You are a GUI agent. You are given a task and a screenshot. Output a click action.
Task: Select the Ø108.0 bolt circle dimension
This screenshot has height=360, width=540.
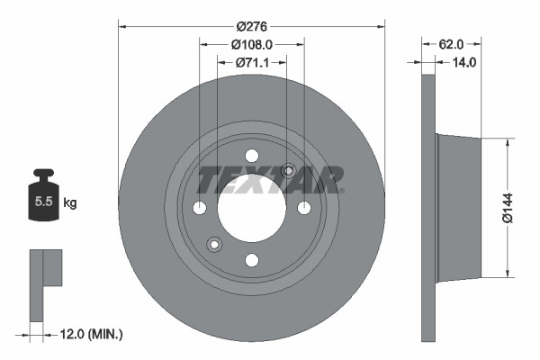[251, 44]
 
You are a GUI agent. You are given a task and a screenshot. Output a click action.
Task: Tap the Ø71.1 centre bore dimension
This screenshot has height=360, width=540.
[251, 63]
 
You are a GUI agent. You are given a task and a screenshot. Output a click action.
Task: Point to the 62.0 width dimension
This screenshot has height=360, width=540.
[452, 42]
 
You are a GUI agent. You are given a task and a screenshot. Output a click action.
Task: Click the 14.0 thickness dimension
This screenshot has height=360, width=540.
[464, 62]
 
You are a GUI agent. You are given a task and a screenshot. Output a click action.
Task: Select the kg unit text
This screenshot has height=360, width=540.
[69, 203]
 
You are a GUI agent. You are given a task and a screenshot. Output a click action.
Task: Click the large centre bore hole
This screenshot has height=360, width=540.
[251, 208]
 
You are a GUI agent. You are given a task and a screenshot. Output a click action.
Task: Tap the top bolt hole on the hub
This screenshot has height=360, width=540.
[252, 156]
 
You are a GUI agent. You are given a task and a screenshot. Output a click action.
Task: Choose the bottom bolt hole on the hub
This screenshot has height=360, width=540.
[252, 260]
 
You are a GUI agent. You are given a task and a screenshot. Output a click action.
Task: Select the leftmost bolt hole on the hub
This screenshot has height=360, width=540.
[200, 208]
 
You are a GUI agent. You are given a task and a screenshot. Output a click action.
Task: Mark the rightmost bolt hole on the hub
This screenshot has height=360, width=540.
[304, 208]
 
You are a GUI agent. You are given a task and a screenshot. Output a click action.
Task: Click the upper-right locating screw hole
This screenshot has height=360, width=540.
[289, 171]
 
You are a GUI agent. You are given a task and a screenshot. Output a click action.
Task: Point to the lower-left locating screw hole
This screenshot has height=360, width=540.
[214, 244]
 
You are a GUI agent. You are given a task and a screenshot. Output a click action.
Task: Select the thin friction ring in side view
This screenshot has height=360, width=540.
[428, 207]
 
